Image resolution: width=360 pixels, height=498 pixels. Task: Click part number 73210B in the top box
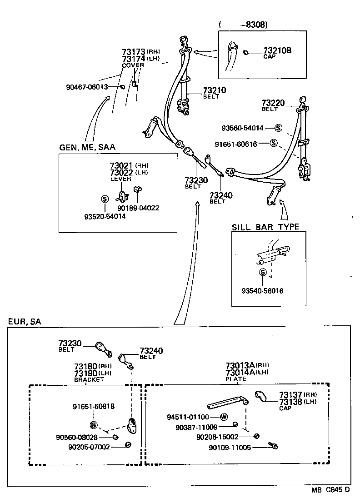(x=277, y=50)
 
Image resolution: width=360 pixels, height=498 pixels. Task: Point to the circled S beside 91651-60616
(x=273, y=144)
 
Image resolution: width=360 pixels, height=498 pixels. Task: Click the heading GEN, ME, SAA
(x=87, y=147)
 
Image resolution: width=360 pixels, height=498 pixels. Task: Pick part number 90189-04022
(x=138, y=208)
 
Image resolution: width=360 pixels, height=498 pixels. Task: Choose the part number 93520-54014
(x=105, y=216)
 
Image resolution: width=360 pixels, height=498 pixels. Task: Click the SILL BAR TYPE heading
(x=265, y=227)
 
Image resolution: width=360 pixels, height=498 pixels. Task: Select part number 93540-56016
(x=263, y=290)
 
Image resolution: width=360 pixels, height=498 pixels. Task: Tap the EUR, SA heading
(x=25, y=322)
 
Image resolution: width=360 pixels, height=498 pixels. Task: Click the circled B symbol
(x=94, y=425)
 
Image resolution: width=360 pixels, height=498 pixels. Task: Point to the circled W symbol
(x=223, y=417)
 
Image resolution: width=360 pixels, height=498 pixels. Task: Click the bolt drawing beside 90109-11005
(x=273, y=446)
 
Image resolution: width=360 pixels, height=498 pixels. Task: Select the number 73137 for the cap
(x=290, y=395)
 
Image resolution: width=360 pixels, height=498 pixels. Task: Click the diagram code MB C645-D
(x=330, y=490)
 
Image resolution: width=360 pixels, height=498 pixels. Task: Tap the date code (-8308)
(x=243, y=25)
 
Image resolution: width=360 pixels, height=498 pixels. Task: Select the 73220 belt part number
(x=273, y=103)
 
